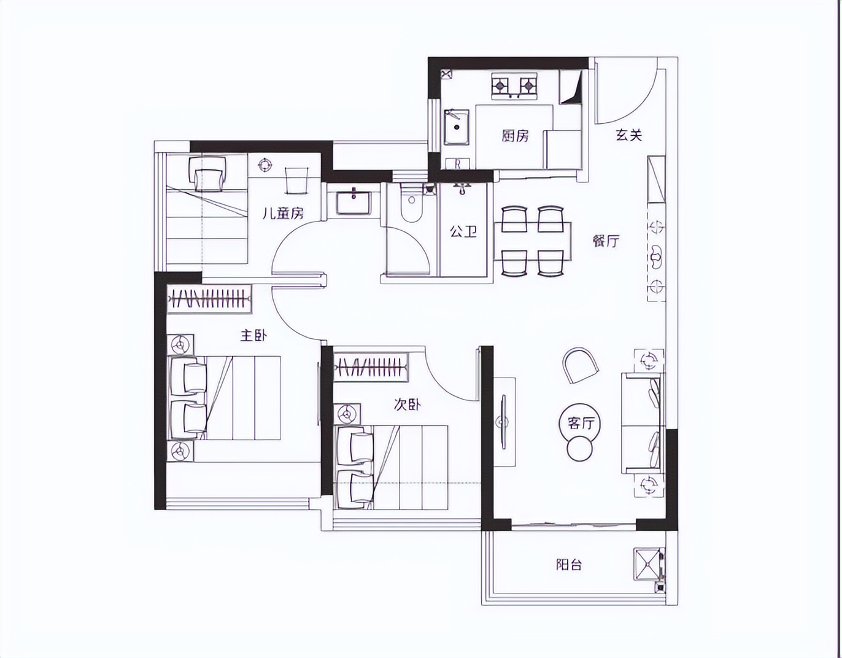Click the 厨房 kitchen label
pos(515,136)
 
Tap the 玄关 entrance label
pos(628,134)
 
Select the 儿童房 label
pos(282,213)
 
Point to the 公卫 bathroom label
pos(463,231)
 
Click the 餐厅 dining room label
pos(606,241)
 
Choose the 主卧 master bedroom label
pos(253,335)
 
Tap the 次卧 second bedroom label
pos(407,405)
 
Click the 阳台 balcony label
pos(569,565)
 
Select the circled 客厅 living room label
pos(580,423)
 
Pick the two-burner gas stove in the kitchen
pos(514,85)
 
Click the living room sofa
pos(642,423)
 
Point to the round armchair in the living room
pos(580,365)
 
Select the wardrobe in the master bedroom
pos(209,299)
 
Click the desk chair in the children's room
pos(207,174)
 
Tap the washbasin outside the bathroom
pos(353,201)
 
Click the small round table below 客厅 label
pos(580,449)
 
